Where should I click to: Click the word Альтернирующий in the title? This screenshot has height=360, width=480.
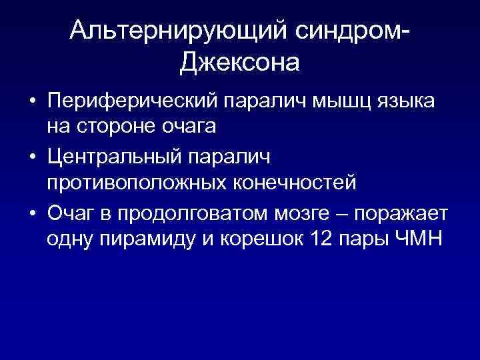tap(173, 31)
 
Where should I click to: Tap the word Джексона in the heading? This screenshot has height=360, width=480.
tap(239, 63)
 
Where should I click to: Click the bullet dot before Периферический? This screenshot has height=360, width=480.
tap(31, 103)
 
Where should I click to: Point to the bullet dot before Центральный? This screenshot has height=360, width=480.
tap(31, 158)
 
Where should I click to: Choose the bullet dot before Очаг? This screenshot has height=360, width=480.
tap(31, 214)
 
